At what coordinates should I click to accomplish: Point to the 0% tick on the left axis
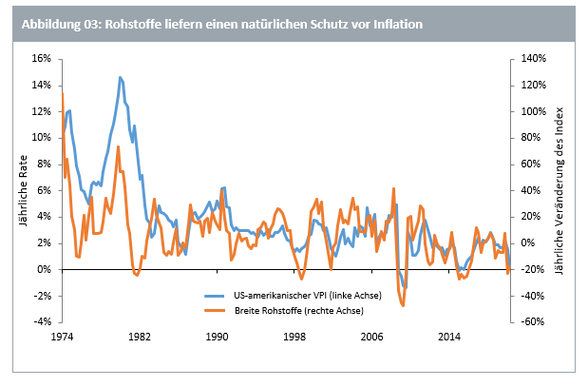click(43, 269)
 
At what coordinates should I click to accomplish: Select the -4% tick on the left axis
click(41, 321)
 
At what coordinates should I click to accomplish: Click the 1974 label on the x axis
click(63, 338)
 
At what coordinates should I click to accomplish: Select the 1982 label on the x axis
click(140, 338)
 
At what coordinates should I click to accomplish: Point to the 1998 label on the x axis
click(294, 338)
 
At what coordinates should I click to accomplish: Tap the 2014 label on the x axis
click(449, 338)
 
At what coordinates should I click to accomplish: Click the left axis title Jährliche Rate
click(22, 189)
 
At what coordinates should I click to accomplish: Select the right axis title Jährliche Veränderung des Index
click(560, 189)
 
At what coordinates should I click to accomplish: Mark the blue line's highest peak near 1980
click(121, 77)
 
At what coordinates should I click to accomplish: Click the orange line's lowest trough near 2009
click(403, 306)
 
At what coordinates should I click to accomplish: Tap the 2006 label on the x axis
click(371, 338)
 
